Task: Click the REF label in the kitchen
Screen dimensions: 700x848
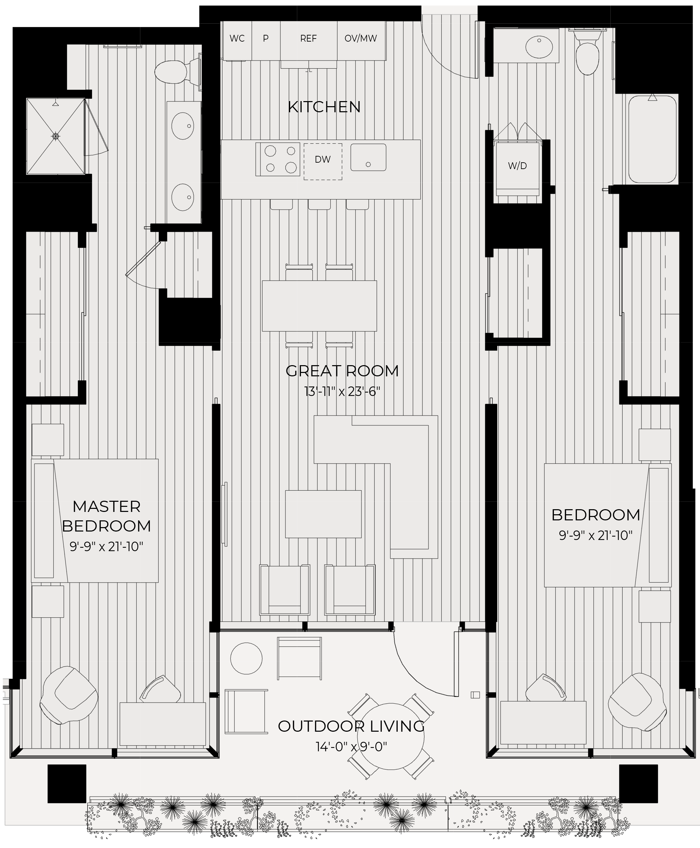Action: (308, 38)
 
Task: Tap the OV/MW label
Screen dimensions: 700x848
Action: (360, 38)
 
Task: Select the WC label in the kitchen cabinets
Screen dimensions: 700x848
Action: (237, 38)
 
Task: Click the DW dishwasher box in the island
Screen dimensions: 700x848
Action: (323, 161)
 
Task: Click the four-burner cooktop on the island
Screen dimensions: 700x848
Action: (278, 159)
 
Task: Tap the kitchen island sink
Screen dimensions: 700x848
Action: (368, 157)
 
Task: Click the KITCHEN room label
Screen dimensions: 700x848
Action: (324, 107)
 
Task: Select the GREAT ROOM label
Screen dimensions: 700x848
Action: (342, 371)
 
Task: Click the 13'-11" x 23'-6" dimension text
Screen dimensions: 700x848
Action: (342, 392)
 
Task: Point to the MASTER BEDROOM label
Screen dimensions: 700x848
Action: (107, 516)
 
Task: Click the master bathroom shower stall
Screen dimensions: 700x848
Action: (56, 136)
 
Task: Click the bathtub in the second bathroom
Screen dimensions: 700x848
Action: (652, 139)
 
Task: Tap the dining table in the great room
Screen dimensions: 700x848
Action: (319, 306)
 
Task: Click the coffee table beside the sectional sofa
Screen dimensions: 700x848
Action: (323, 514)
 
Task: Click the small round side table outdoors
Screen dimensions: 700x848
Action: (247, 658)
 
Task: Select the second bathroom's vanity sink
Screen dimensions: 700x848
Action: (539, 47)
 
